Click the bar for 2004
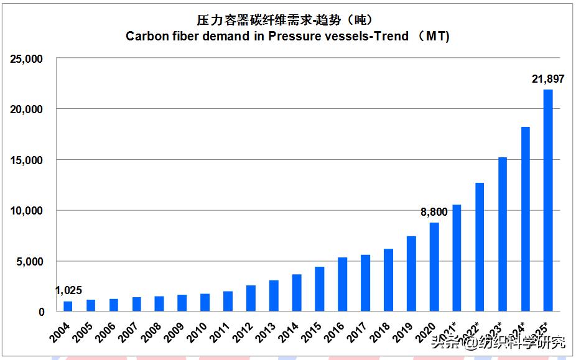coord(68,306)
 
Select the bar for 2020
coord(434,267)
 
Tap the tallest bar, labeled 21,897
coord(548,200)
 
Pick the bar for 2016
coord(342,284)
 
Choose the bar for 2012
coord(251,298)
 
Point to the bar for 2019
coord(411,274)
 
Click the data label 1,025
coord(68,290)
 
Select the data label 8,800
coord(434,213)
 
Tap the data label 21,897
coord(548,79)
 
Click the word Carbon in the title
coord(146,36)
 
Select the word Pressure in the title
coord(292,36)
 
